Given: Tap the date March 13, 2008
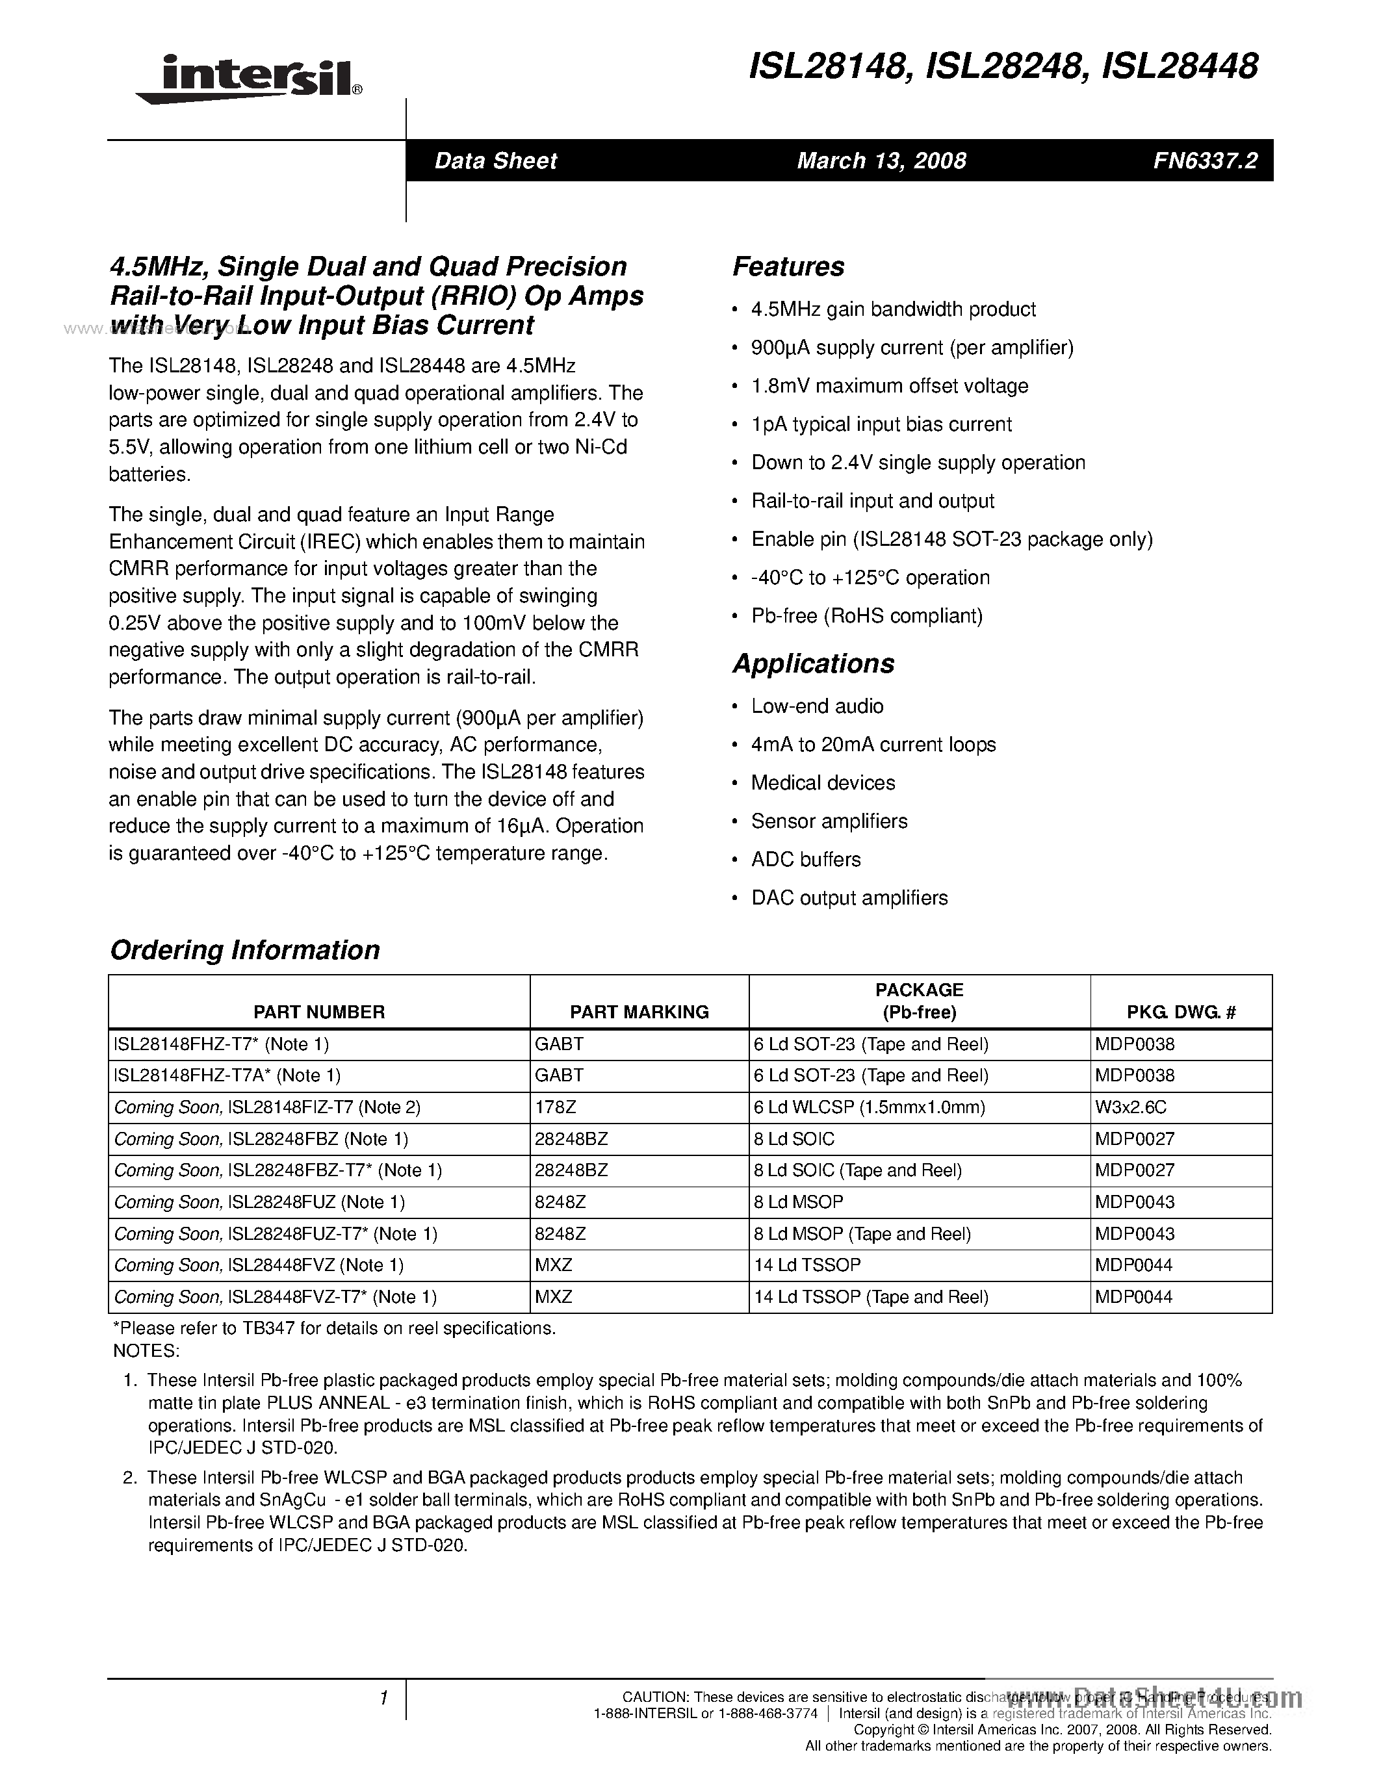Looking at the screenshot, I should (881, 161).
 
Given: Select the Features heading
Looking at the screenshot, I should (788, 266).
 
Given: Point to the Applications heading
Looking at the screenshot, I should (813, 663).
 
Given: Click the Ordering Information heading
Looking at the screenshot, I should (244, 950).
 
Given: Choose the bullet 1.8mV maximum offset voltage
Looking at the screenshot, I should (889, 386).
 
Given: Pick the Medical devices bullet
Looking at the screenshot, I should (823, 783).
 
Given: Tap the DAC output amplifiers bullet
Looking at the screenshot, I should (849, 899).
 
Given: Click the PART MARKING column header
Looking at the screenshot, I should (639, 1012).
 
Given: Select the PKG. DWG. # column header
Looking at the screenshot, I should (1181, 1012).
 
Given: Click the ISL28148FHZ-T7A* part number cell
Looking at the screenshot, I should (227, 1076).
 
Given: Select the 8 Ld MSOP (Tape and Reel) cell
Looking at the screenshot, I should (862, 1234).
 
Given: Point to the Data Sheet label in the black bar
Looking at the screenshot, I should (496, 161).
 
